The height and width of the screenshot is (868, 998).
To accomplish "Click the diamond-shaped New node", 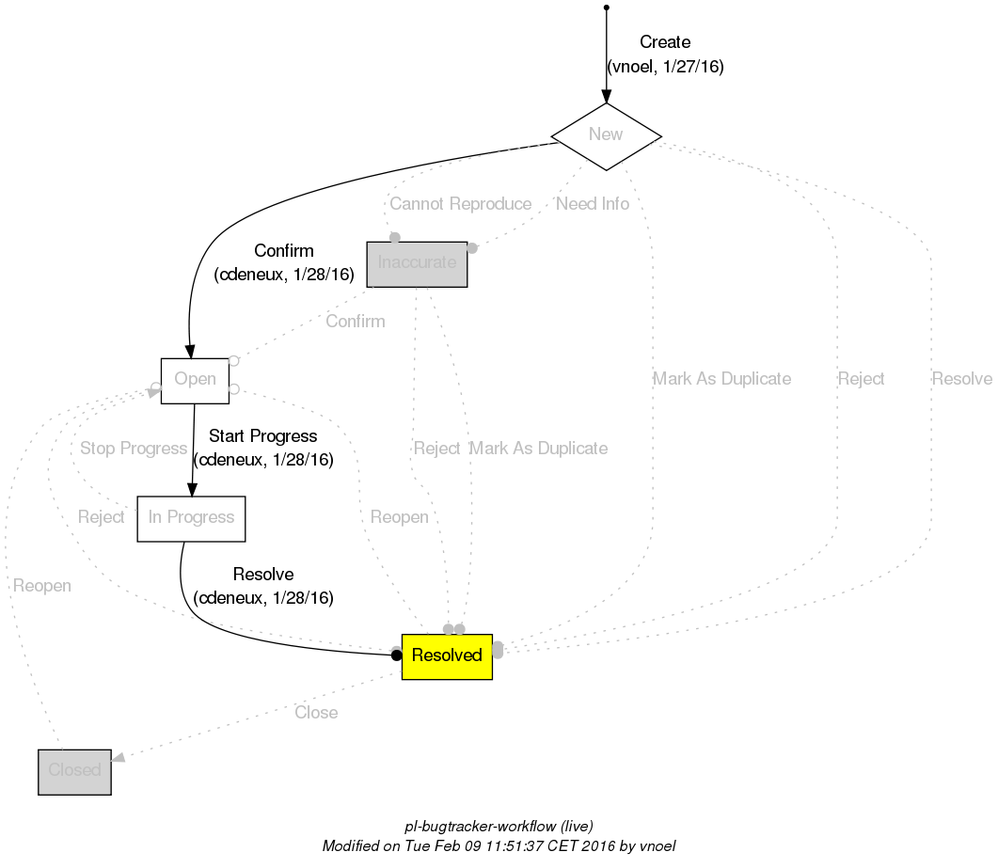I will click(x=606, y=135).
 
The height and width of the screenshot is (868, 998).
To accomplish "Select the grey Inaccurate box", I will click(x=417, y=263).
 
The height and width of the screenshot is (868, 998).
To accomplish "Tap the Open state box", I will click(x=195, y=380).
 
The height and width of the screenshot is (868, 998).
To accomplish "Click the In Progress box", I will click(x=191, y=518).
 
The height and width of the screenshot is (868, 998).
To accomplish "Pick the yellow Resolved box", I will click(x=447, y=655).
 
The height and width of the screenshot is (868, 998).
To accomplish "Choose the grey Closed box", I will click(x=74, y=771).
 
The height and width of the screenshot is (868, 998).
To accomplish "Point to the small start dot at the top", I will click(x=606, y=8).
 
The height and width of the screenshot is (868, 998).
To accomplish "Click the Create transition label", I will click(x=664, y=42).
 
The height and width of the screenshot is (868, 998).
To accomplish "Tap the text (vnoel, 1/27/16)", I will click(x=665, y=67).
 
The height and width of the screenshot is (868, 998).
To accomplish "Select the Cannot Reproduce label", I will click(x=460, y=204).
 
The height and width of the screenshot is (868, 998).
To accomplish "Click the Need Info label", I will click(x=592, y=204).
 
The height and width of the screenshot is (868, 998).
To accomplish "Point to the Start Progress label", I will click(x=262, y=436).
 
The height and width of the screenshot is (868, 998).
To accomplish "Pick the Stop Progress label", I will click(x=134, y=449).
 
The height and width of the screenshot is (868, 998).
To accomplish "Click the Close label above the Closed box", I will click(x=316, y=713).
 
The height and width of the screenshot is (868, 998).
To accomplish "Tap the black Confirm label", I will click(x=284, y=251).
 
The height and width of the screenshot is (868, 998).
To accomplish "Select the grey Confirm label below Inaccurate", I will click(x=355, y=322).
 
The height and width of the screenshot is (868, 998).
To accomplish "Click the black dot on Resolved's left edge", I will click(x=397, y=655).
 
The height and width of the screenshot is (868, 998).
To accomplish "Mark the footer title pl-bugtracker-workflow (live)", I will click(x=499, y=827).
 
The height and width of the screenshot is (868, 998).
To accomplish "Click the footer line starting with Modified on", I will click(x=499, y=845).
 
